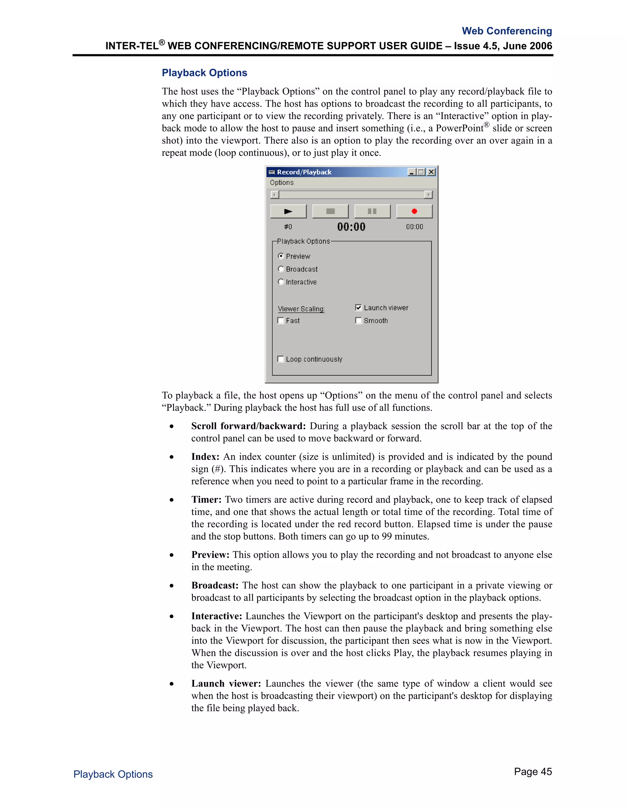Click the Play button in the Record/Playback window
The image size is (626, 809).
pyautogui.click(x=288, y=212)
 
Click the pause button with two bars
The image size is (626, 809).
pyautogui.click(x=372, y=212)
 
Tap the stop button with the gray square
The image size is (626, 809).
pyautogui.click(x=330, y=212)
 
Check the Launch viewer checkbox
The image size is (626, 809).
pyautogui.click(x=358, y=307)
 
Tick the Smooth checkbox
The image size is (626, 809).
pyautogui.click(x=358, y=321)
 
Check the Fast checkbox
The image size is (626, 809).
pyautogui.click(x=281, y=321)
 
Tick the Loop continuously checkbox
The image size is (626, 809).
pyautogui.click(x=281, y=359)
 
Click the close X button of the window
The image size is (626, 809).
pyautogui.click(x=431, y=172)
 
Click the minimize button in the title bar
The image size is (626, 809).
pyautogui.click(x=412, y=172)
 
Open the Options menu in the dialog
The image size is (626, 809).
pyautogui.click(x=282, y=183)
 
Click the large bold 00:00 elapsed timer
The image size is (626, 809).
pyautogui.click(x=351, y=227)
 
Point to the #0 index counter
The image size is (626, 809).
pyautogui.click(x=288, y=227)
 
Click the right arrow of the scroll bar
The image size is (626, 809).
pyautogui.click(x=428, y=194)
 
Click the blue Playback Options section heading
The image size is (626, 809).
pyautogui.click(x=204, y=73)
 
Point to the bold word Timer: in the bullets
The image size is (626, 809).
pyautogui.click(x=206, y=499)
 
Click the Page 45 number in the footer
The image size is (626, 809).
pyautogui.click(x=532, y=771)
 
